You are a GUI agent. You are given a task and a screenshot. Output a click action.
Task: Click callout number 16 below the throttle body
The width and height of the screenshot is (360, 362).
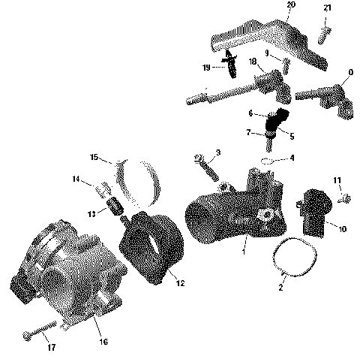pyautogui.click(x=103, y=342)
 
